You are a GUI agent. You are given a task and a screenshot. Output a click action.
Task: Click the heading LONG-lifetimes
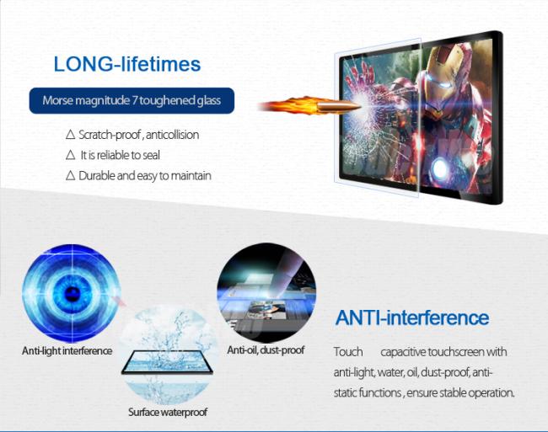coord(127,64)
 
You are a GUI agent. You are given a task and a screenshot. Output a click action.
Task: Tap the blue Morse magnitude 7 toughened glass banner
coord(132,100)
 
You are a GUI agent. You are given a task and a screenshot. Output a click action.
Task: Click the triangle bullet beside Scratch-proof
coord(70,135)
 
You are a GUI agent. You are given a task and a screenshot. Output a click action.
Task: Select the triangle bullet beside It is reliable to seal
coord(70,155)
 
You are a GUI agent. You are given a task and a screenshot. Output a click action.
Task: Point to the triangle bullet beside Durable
coord(70,175)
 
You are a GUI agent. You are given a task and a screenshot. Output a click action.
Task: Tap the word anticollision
coord(173,135)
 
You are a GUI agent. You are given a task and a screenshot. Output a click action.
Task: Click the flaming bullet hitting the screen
coord(309,106)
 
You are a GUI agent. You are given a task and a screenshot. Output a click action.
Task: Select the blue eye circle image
coord(72,293)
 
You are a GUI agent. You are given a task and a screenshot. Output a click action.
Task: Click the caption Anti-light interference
coord(67,350)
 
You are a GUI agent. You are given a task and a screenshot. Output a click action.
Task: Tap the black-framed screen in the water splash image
coord(168,362)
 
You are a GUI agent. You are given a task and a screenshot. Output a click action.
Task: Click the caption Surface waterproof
coord(168,412)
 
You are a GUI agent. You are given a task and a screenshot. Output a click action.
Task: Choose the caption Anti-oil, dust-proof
coord(266,350)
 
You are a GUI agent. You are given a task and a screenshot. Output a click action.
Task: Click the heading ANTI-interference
coord(412,317)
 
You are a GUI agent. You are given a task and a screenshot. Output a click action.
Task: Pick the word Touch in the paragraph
coord(348,352)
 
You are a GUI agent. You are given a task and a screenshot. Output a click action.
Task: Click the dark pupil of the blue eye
coord(73,293)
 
